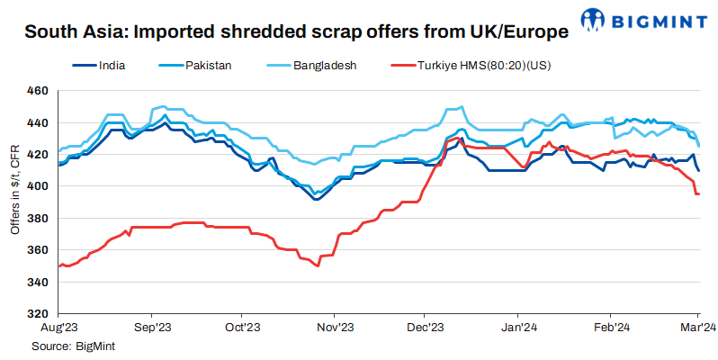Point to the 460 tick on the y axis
(x=37, y=91)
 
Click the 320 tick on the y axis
(x=37, y=314)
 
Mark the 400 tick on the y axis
(x=37, y=186)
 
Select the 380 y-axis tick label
(x=37, y=219)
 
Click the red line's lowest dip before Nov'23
(x=318, y=265)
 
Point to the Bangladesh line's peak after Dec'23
(x=462, y=107)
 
